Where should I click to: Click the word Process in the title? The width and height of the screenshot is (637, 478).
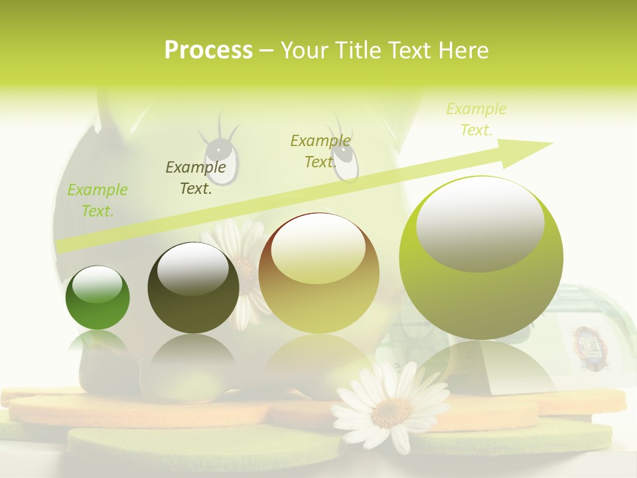pos(208,50)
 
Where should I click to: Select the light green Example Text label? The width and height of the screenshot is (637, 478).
pos(98,200)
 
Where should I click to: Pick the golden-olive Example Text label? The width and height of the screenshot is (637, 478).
pos(320,151)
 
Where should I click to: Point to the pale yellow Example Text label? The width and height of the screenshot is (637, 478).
pos(476,119)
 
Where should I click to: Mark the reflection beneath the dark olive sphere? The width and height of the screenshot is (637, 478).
pos(193,362)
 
